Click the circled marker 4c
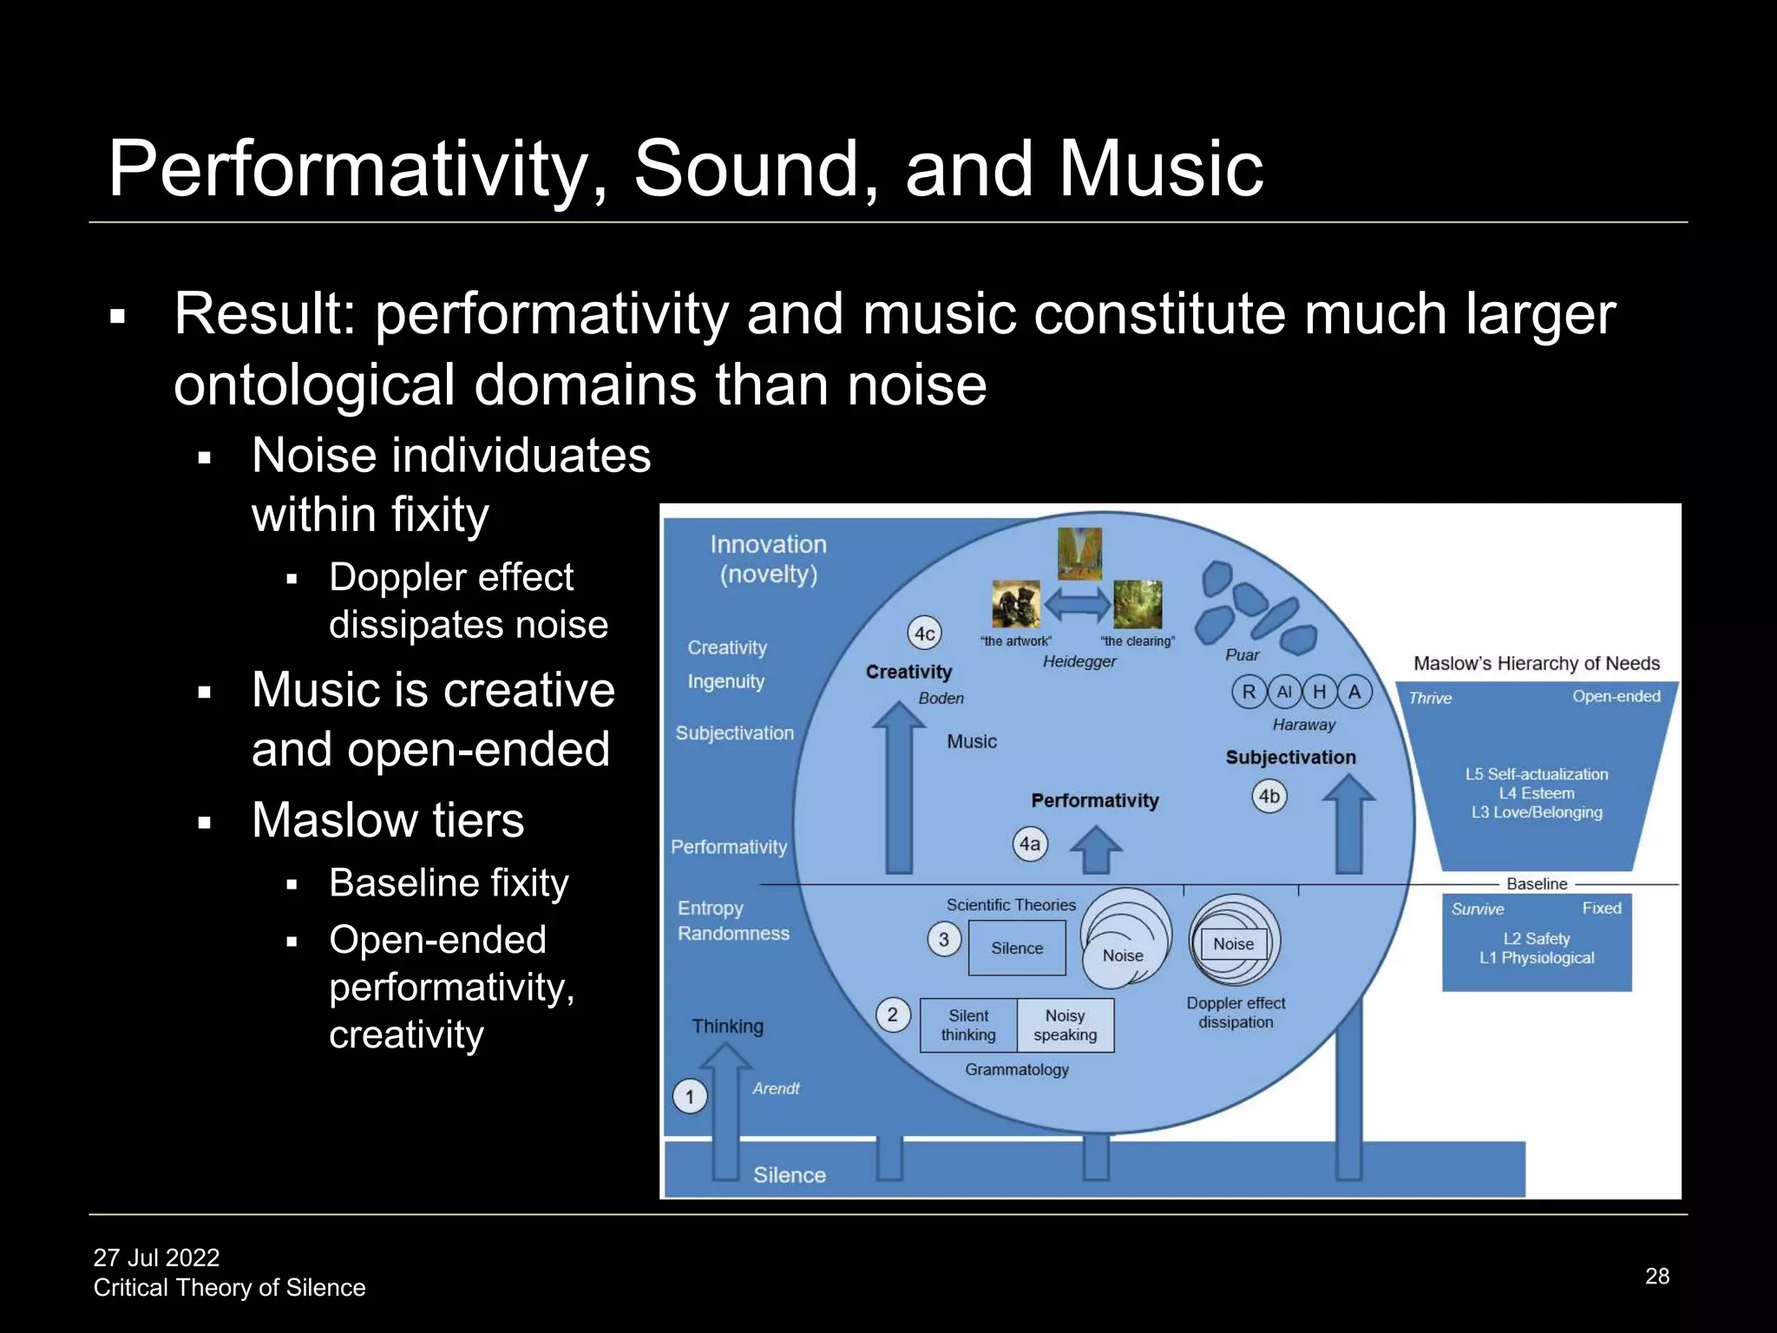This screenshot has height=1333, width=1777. click(x=925, y=634)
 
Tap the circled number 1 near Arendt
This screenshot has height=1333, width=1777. click(x=690, y=1096)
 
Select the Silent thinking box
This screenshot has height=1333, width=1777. click(x=968, y=1025)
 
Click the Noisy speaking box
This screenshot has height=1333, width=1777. click(x=1065, y=1025)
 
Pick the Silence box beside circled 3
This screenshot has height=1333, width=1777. click(x=1017, y=948)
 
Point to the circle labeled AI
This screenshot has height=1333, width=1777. click(x=1284, y=692)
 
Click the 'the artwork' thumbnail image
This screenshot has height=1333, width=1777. click(x=1015, y=604)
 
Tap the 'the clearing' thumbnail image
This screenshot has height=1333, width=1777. click(x=1137, y=604)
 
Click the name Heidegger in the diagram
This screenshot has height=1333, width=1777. click(x=1079, y=661)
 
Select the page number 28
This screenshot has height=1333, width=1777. click(x=1656, y=1276)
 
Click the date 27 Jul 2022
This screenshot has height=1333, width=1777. click(x=156, y=1257)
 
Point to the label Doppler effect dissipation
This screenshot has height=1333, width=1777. click(x=1236, y=1012)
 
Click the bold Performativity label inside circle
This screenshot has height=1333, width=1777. click(x=1094, y=800)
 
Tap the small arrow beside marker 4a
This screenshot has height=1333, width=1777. click(x=1096, y=849)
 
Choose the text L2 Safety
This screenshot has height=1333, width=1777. click(x=1536, y=938)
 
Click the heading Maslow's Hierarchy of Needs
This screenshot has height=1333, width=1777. click(x=1536, y=663)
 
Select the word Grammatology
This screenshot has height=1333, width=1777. click(x=1017, y=1069)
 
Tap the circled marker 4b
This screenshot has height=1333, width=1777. click(x=1269, y=796)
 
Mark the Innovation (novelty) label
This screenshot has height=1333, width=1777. click(x=768, y=559)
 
